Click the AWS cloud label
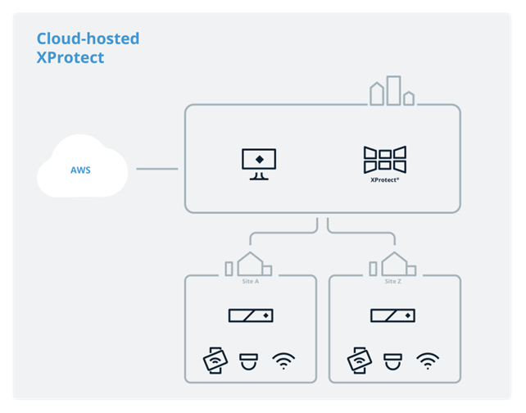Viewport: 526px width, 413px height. click(80, 170)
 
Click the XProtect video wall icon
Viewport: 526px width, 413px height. click(385, 159)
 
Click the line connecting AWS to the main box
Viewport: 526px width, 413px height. click(156, 170)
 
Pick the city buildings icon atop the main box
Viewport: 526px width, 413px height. click(392, 92)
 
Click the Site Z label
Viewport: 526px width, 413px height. click(392, 281)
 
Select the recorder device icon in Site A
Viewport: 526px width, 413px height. click(250, 315)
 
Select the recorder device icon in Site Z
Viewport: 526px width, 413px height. click(392, 315)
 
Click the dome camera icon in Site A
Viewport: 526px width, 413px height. click(248, 360)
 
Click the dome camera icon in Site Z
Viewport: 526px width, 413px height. click(392, 360)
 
